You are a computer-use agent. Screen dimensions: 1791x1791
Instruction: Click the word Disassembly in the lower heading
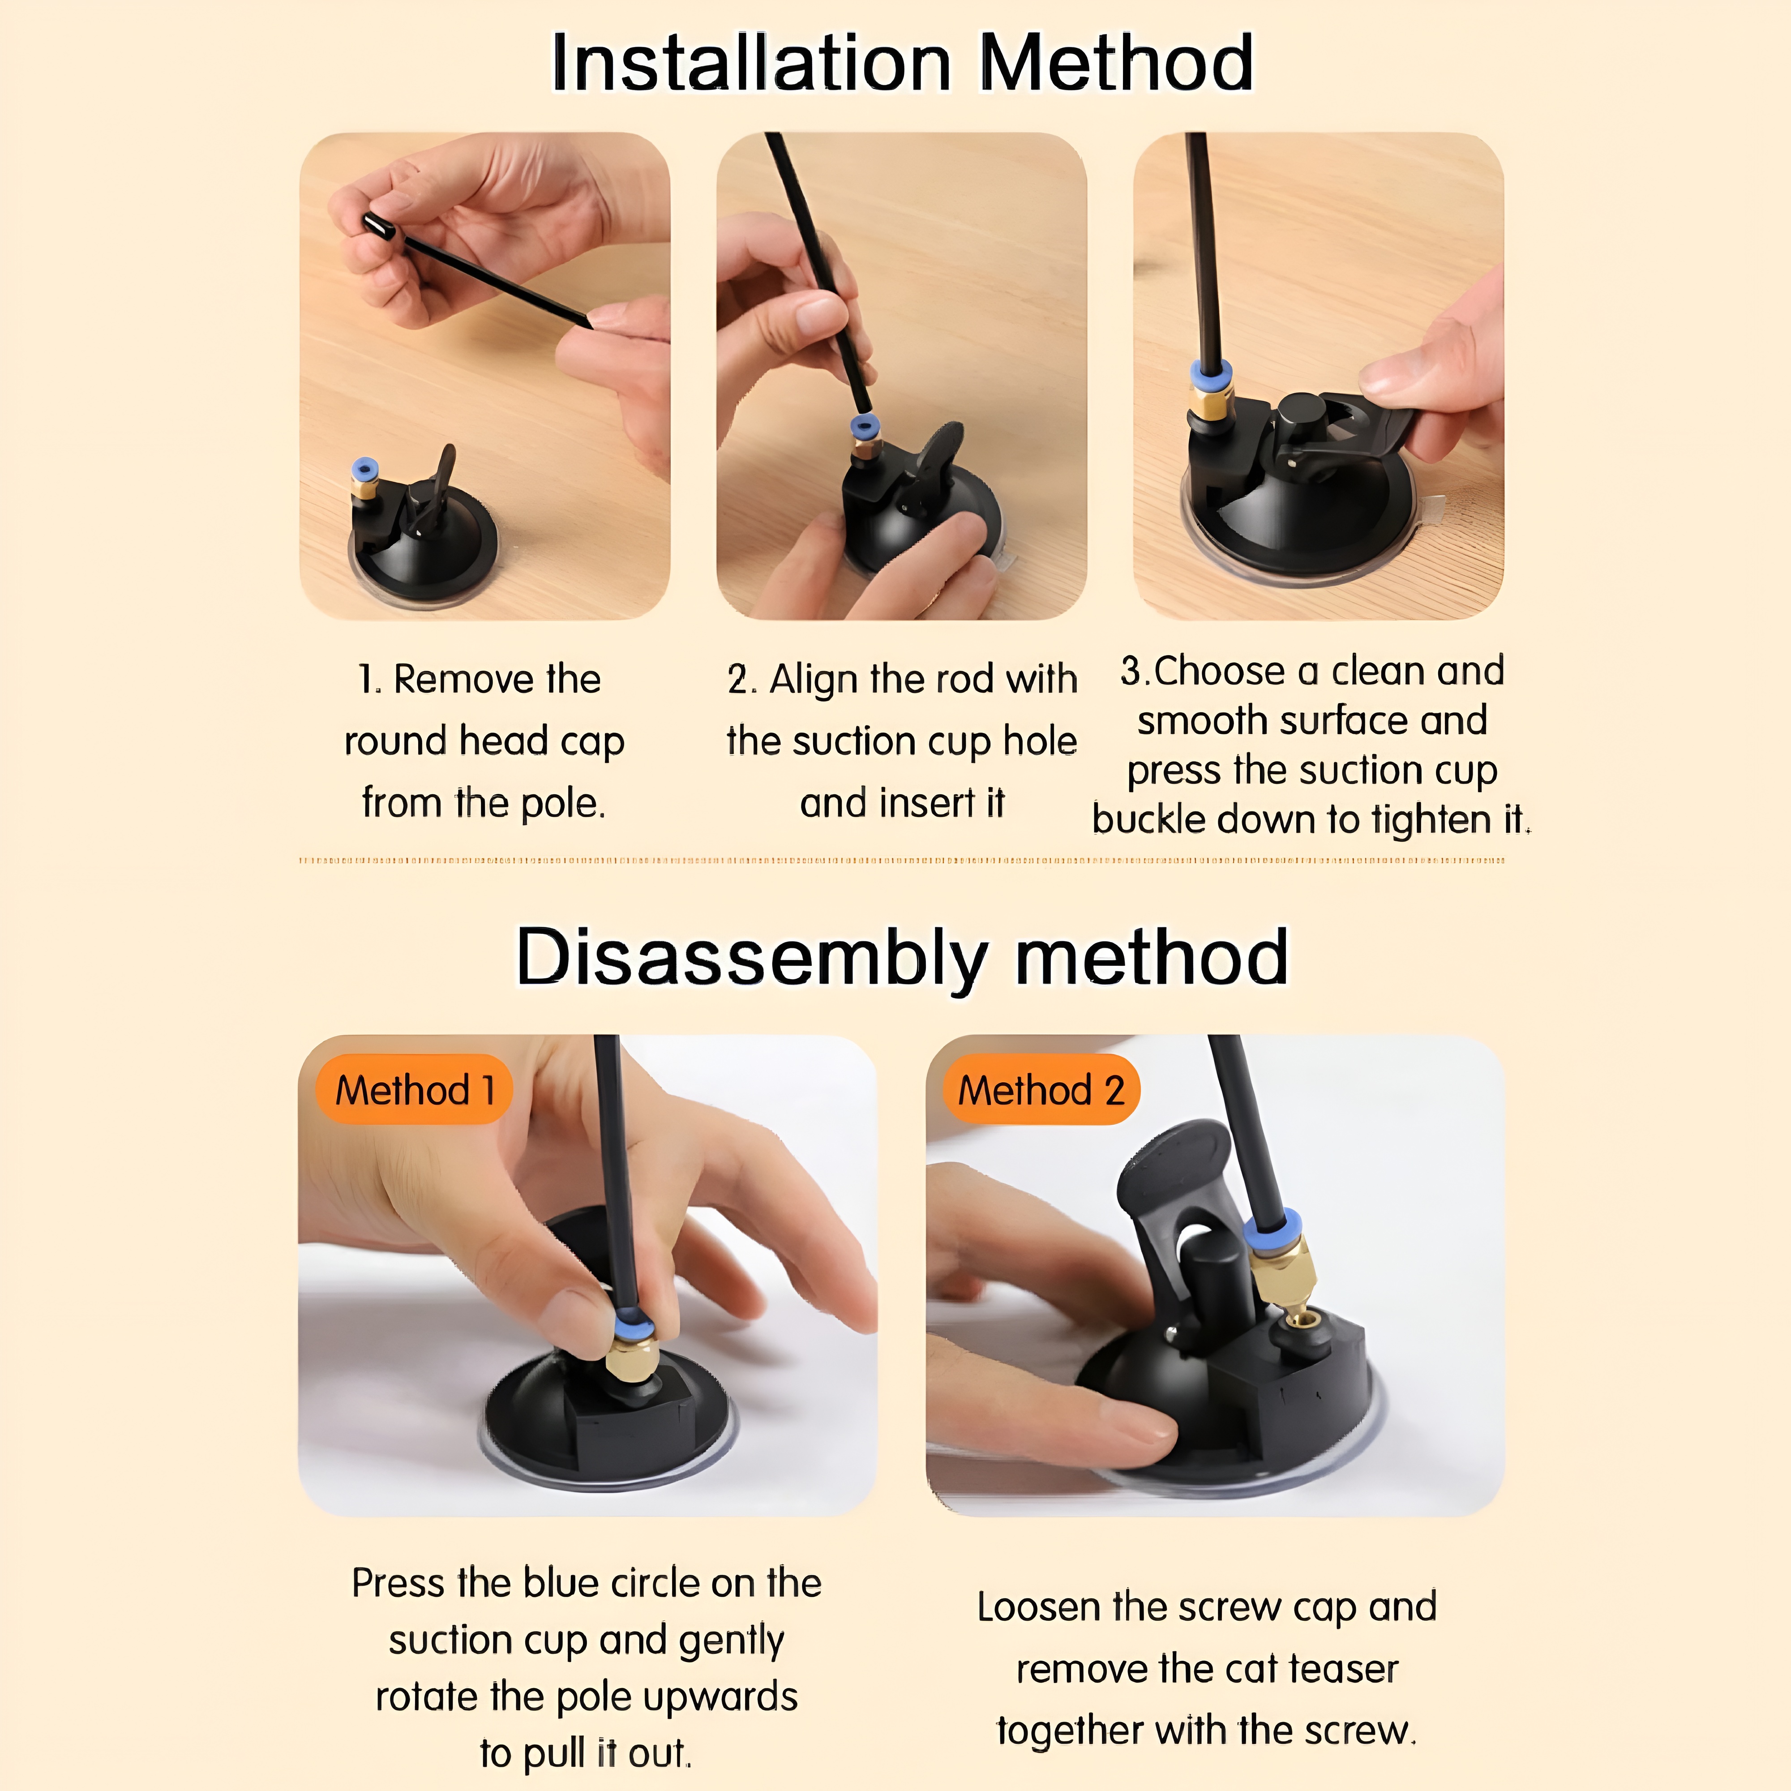click(751, 958)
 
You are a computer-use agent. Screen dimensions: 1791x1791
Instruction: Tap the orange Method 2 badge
click(1041, 1089)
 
